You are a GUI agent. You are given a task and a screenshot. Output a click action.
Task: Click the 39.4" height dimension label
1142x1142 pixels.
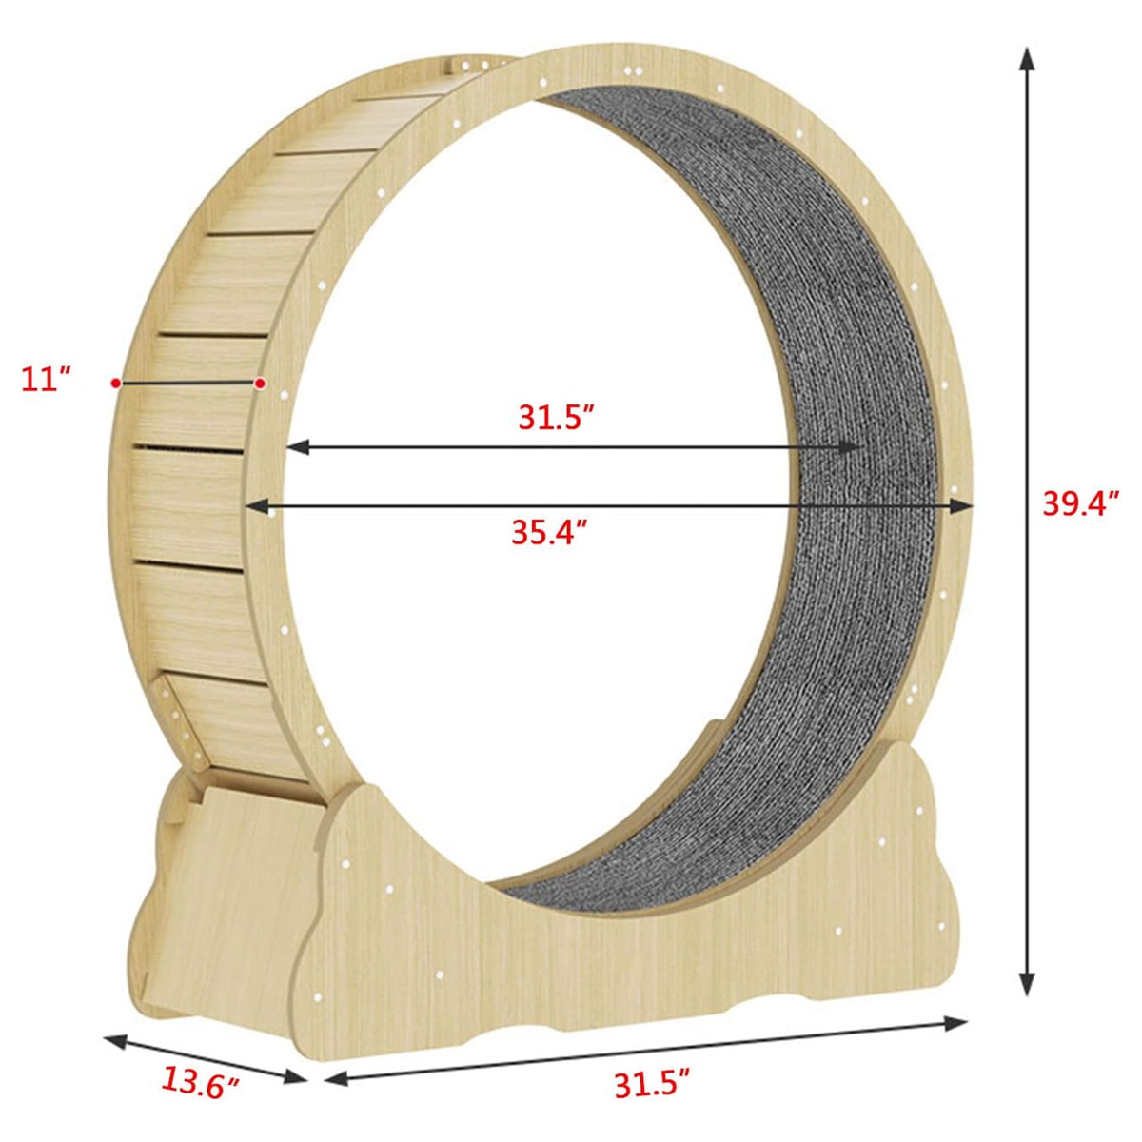[1080, 504]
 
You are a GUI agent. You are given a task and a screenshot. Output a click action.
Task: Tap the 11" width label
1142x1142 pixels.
[47, 380]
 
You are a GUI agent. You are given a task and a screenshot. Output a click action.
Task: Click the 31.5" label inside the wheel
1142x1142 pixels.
[557, 419]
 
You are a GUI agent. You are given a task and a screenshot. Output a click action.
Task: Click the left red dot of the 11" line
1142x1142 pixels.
[115, 383]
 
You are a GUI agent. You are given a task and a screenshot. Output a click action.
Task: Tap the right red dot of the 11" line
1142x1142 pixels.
[260, 384]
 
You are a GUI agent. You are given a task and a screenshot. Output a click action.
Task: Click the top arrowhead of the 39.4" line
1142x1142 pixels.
[1027, 59]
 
